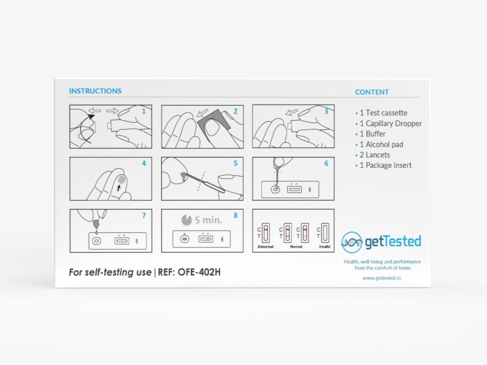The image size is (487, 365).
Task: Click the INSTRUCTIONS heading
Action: [95, 91]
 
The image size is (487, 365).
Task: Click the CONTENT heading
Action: [372, 92]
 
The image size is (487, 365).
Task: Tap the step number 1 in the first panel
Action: [144, 111]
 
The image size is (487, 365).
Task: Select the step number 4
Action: [144, 163]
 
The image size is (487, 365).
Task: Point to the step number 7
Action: [144, 216]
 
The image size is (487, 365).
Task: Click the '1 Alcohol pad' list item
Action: [381, 144]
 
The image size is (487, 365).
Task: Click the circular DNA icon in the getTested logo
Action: [352, 242]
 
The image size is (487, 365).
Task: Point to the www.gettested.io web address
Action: [381, 278]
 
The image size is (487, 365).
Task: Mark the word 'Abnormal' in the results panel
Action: [265, 247]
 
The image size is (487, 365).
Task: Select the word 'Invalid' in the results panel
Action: [325, 247]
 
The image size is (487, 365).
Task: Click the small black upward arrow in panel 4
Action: [119, 188]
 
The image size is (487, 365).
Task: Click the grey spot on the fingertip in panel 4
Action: [121, 180]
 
